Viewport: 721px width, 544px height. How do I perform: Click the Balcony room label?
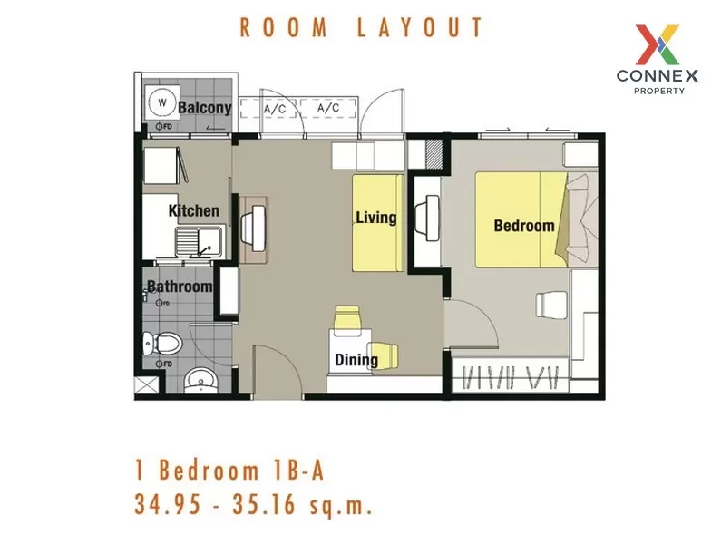(204, 108)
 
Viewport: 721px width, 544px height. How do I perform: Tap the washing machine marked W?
(162, 102)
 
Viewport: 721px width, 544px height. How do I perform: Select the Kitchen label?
(194, 211)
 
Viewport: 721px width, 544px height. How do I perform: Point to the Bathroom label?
(180, 287)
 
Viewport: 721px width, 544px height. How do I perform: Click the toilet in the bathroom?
(163, 344)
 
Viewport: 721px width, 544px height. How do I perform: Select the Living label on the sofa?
(375, 218)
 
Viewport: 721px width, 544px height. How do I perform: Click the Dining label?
(356, 360)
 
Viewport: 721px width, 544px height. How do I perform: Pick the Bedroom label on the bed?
(523, 225)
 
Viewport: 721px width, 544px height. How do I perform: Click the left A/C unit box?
(275, 109)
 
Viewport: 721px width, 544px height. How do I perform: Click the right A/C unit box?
(327, 109)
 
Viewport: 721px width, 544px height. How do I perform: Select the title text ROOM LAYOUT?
(361, 28)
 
